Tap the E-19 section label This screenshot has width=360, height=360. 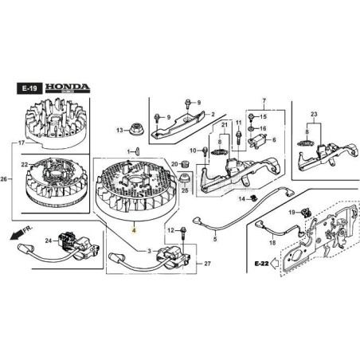pyautogui.click(x=26, y=87)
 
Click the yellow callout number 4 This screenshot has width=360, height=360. pyautogui.click(x=134, y=228)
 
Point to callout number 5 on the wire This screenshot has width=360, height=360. pyautogui.click(x=214, y=238)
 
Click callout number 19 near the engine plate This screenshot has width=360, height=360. pyautogui.click(x=292, y=212)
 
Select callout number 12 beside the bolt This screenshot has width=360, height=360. pyautogui.click(x=170, y=229)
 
